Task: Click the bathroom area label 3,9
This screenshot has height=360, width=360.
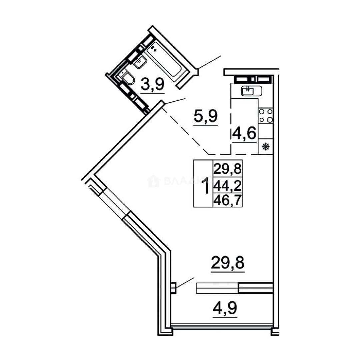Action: point(153,84)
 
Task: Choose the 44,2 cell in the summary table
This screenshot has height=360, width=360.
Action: point(228,185)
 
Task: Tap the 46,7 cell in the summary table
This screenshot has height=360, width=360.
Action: point(228,200)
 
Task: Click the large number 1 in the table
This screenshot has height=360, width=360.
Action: point(206,186)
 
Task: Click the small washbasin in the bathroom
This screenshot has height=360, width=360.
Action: point(139,62)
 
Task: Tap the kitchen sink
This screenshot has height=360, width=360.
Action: point(252,90)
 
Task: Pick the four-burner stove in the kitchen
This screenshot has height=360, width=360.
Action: point(266,115)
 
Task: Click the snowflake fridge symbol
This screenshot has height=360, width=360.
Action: point(266,147)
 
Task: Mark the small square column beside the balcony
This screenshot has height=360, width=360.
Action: point(173,288)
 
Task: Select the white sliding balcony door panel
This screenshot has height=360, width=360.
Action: point(217,288)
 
